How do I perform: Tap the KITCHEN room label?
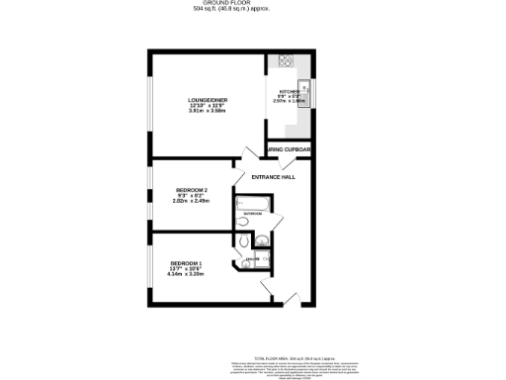(289, 91)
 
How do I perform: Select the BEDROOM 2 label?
(191, 189)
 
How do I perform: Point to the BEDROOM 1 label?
(187, 261)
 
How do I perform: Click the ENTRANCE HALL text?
(274, 176)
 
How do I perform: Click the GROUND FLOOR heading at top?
(252, 4)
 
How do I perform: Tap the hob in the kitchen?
(286, 59)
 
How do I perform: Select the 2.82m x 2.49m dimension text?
(191, 201)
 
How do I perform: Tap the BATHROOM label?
(252, 214)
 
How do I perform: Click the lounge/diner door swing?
(247, 158)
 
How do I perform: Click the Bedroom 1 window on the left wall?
(150, 265)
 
